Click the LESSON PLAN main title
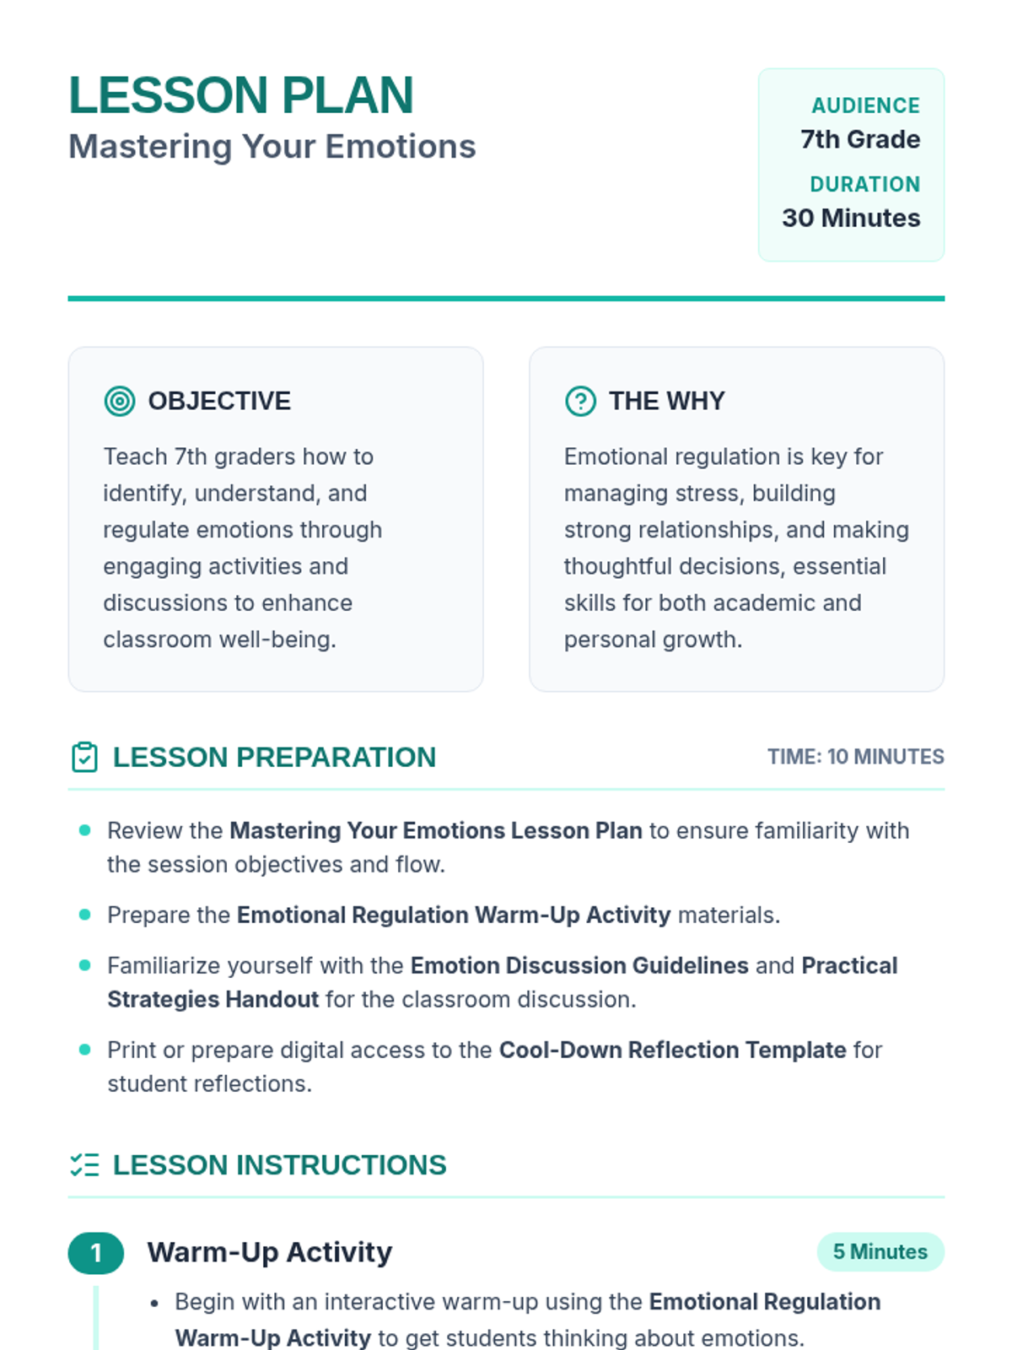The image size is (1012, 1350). point(240,95)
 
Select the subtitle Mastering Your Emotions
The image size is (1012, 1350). point(272,147)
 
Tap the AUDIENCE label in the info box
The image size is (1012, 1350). point(865,105)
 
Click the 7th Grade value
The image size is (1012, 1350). point(859,139)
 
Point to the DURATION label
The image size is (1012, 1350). point(864,184)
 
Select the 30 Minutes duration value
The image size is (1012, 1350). point(850,218)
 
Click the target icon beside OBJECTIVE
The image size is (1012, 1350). point(120,401)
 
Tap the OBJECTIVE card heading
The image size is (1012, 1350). point(219,401)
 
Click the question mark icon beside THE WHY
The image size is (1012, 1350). point(580,401)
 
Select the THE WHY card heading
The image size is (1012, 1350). point(666,401)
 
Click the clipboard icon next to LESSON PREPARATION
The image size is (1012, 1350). point(84,757)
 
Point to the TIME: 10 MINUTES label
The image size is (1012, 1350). point(855,757)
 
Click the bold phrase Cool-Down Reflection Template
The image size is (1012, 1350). point(672,1050)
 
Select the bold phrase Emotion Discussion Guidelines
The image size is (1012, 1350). point(579,965)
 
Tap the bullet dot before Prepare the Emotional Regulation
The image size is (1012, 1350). point(84,915)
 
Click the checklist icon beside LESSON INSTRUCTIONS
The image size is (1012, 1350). point(84,1165)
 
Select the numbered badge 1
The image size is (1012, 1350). point(96,1253)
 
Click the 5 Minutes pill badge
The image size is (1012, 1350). point(880,1252)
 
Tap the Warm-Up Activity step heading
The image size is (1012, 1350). point(270,1252)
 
